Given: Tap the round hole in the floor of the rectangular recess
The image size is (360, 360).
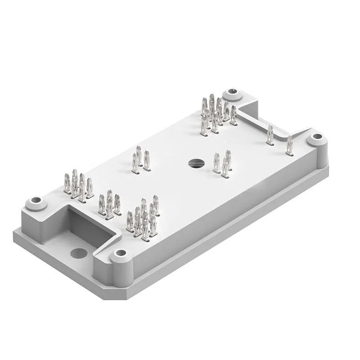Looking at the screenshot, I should click(x=79, y=253).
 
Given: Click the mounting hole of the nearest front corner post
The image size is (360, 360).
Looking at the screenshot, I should click(x=120, y=253).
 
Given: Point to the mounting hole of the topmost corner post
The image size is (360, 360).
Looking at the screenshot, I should click(x=233, y=92).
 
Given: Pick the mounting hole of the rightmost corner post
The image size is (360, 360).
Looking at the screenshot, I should click(x=317, y=136).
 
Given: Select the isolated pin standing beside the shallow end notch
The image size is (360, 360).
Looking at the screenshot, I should click(x=270, y=135).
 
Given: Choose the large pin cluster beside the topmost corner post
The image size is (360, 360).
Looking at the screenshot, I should click(x=217, y=113).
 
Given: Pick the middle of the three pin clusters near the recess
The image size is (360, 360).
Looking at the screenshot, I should click(x=109, y=205).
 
